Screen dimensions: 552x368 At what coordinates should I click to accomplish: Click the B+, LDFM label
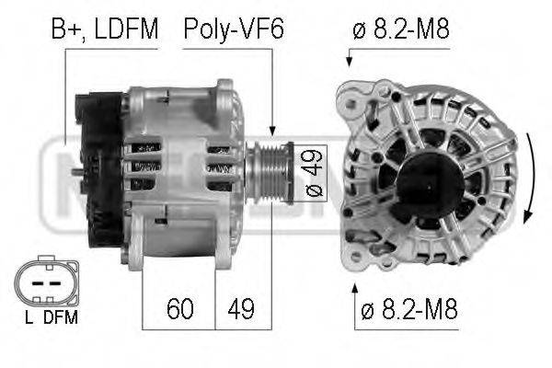point(105,29)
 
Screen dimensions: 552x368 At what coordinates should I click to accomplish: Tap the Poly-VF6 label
point(234,29)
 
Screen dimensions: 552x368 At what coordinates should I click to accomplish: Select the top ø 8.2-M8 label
point(401,29)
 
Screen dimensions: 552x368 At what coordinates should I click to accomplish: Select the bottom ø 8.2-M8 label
point(409,309)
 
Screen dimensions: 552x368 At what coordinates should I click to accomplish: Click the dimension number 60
point(180,309)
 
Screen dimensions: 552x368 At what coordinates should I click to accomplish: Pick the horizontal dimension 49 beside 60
point(241,309)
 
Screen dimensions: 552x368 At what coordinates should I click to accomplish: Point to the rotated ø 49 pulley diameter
point(313,173)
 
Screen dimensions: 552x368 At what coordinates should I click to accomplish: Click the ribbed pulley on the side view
point(270,173)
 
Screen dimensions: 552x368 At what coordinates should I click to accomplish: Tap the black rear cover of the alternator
point(100,169)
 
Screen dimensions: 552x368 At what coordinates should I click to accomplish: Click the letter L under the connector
point(29,317)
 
